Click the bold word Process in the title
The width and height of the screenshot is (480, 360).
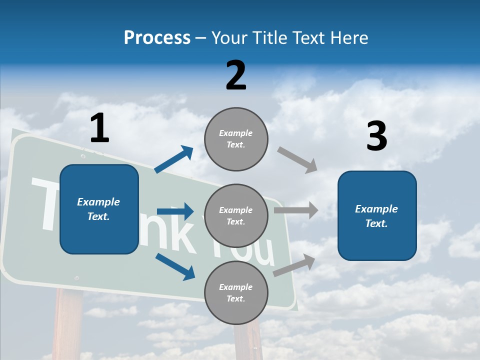pyautogui.click(x=157, y=37)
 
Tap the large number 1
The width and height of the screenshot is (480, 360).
pyautogui.click(x=99, y=128)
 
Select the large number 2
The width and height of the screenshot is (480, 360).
pyautogui.click(x=236, y=75)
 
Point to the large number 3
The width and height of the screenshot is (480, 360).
pyautogui.click(x=376, y=136)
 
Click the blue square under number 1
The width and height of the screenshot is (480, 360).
pyautogui.click(x=99, y=209)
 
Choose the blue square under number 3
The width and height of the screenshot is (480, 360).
pyautogui.click(x=377, y=216)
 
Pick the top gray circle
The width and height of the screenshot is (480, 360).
pyautogui.click(x=236, y=139)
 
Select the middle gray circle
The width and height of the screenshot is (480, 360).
pyautogui.click(x=236, y=216)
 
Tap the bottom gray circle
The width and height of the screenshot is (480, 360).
pyautogui.click(x=236, y=293)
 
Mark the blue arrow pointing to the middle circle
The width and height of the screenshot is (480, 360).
pyautogui.click(x=175, y=211)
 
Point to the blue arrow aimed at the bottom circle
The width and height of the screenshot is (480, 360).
pyautogui.click(x=175, y=266)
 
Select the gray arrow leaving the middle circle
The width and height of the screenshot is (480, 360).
pyautogui.click(x=296, y=210)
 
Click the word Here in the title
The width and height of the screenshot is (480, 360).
pyautogui.click(x=348, y=37)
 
